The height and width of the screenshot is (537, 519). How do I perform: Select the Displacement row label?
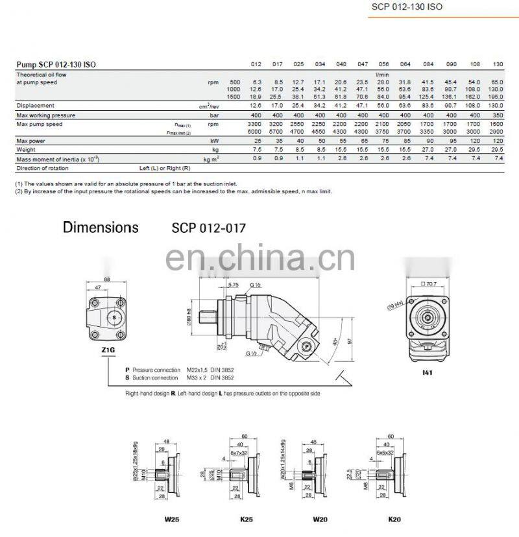36,105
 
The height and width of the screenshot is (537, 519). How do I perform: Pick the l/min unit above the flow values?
381,75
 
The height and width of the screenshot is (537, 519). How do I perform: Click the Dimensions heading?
101,228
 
